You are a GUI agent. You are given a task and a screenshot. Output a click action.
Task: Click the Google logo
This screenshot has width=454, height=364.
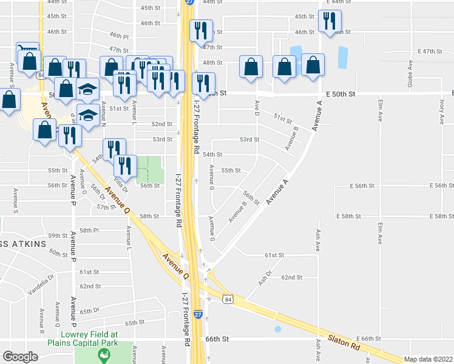pyautogui.click(x=20, y=356)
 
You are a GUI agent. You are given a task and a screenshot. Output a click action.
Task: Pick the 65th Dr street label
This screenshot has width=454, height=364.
pyautogui.click(x=89, y=310)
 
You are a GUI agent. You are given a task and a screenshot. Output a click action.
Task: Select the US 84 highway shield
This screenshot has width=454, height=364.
pyautogui.click(x=227, y=300)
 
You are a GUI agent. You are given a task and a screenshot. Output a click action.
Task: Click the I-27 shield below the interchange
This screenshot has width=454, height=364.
pyautogui.click(x=198, y=315)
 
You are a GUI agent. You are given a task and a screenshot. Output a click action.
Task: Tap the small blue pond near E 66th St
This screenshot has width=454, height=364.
pyautogui.click(x=278, y=329)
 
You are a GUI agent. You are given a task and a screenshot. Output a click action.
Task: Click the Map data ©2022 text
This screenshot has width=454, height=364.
pyautogui.click(x=429, y=359)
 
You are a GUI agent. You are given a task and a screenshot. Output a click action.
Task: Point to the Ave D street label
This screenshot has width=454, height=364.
pyautogui.click(x=257, y=109)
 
